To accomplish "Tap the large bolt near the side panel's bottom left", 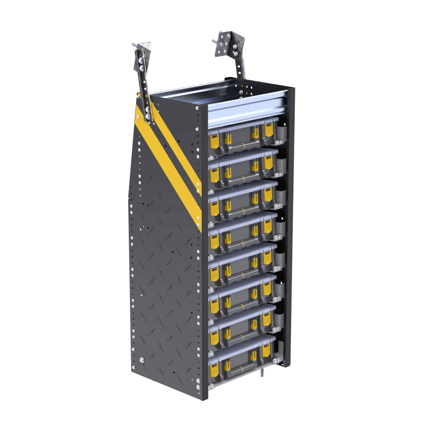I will (x=142, y=360).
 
